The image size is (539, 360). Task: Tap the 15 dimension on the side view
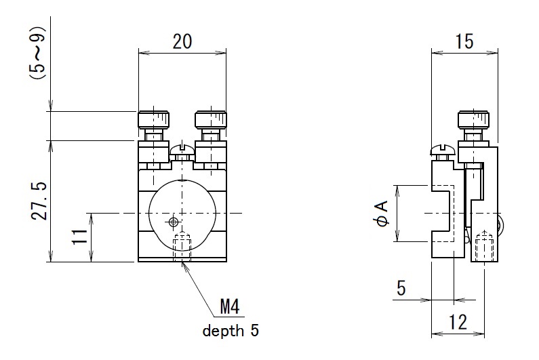(464, 41)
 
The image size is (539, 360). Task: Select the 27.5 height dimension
(39, 201)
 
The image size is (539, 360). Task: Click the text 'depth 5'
(231, 332)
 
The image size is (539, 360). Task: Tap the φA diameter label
(382, 213)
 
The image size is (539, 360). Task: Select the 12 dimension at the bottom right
(459, 323)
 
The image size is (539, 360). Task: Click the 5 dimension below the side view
(401, 289)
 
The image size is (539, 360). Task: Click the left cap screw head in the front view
(155, 120)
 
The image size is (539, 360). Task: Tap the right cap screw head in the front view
(211, 120)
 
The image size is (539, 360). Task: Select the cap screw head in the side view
(473, 120)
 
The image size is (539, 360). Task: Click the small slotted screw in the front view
(182, 149)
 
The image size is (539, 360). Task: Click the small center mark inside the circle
(174, 221)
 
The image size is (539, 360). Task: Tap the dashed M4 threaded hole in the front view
(182, 247)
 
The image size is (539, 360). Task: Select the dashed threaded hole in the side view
(483, 247)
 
